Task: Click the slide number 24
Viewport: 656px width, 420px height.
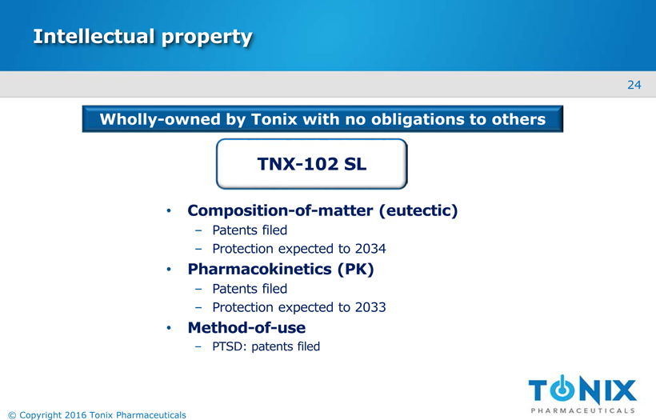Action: pyautogui.click(x=634, y=85)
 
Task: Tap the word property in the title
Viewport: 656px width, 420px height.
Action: pyautogui.click(x=207, y=38)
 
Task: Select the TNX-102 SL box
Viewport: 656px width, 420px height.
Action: pyautogui.click(x=312, y=164)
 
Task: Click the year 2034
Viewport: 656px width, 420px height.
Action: pyautogui.click(x=370, y=249)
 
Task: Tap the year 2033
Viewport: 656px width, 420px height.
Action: pyautogui.click(x=370, y=307)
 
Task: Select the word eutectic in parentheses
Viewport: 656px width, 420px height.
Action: pyautogui.click(x=418, y=210)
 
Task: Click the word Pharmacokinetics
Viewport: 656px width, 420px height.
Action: pyautogui.click(x=259, y=269)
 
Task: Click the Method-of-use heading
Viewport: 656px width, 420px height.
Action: pyautogui.click(x=246, y=327)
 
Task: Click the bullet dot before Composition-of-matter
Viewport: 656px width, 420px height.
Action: pyautogui.click(x=169, y=210)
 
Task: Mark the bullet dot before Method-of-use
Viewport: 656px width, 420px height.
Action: pyautogui.click(x=169, y=327)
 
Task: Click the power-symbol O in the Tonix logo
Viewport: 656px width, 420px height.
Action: pyautogui.click(x=562, y=389)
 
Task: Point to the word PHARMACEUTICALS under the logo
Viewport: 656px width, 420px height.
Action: pyautogui.click(x=582, y=410)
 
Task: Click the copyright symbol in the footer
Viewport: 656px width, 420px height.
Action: pyautogui.click(x=12, y=415)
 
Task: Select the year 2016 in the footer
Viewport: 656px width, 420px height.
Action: pyautogui.click(x=76, y=415)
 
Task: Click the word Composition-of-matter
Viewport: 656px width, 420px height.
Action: pyautogui.click(x=280, y=210)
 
